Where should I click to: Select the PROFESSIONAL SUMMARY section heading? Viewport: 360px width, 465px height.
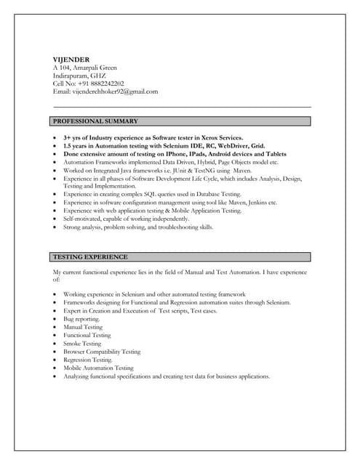95,121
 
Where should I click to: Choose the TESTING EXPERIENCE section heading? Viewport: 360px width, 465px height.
90,256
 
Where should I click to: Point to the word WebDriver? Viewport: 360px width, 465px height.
235,146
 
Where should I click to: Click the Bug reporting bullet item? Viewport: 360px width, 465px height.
81,319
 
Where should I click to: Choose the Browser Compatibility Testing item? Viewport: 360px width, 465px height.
102,352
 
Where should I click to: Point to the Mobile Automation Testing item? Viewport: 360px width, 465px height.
98,368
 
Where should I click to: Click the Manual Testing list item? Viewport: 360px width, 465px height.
83,327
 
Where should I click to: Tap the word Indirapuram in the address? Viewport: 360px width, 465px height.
72,75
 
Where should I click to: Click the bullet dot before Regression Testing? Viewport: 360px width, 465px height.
55,360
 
